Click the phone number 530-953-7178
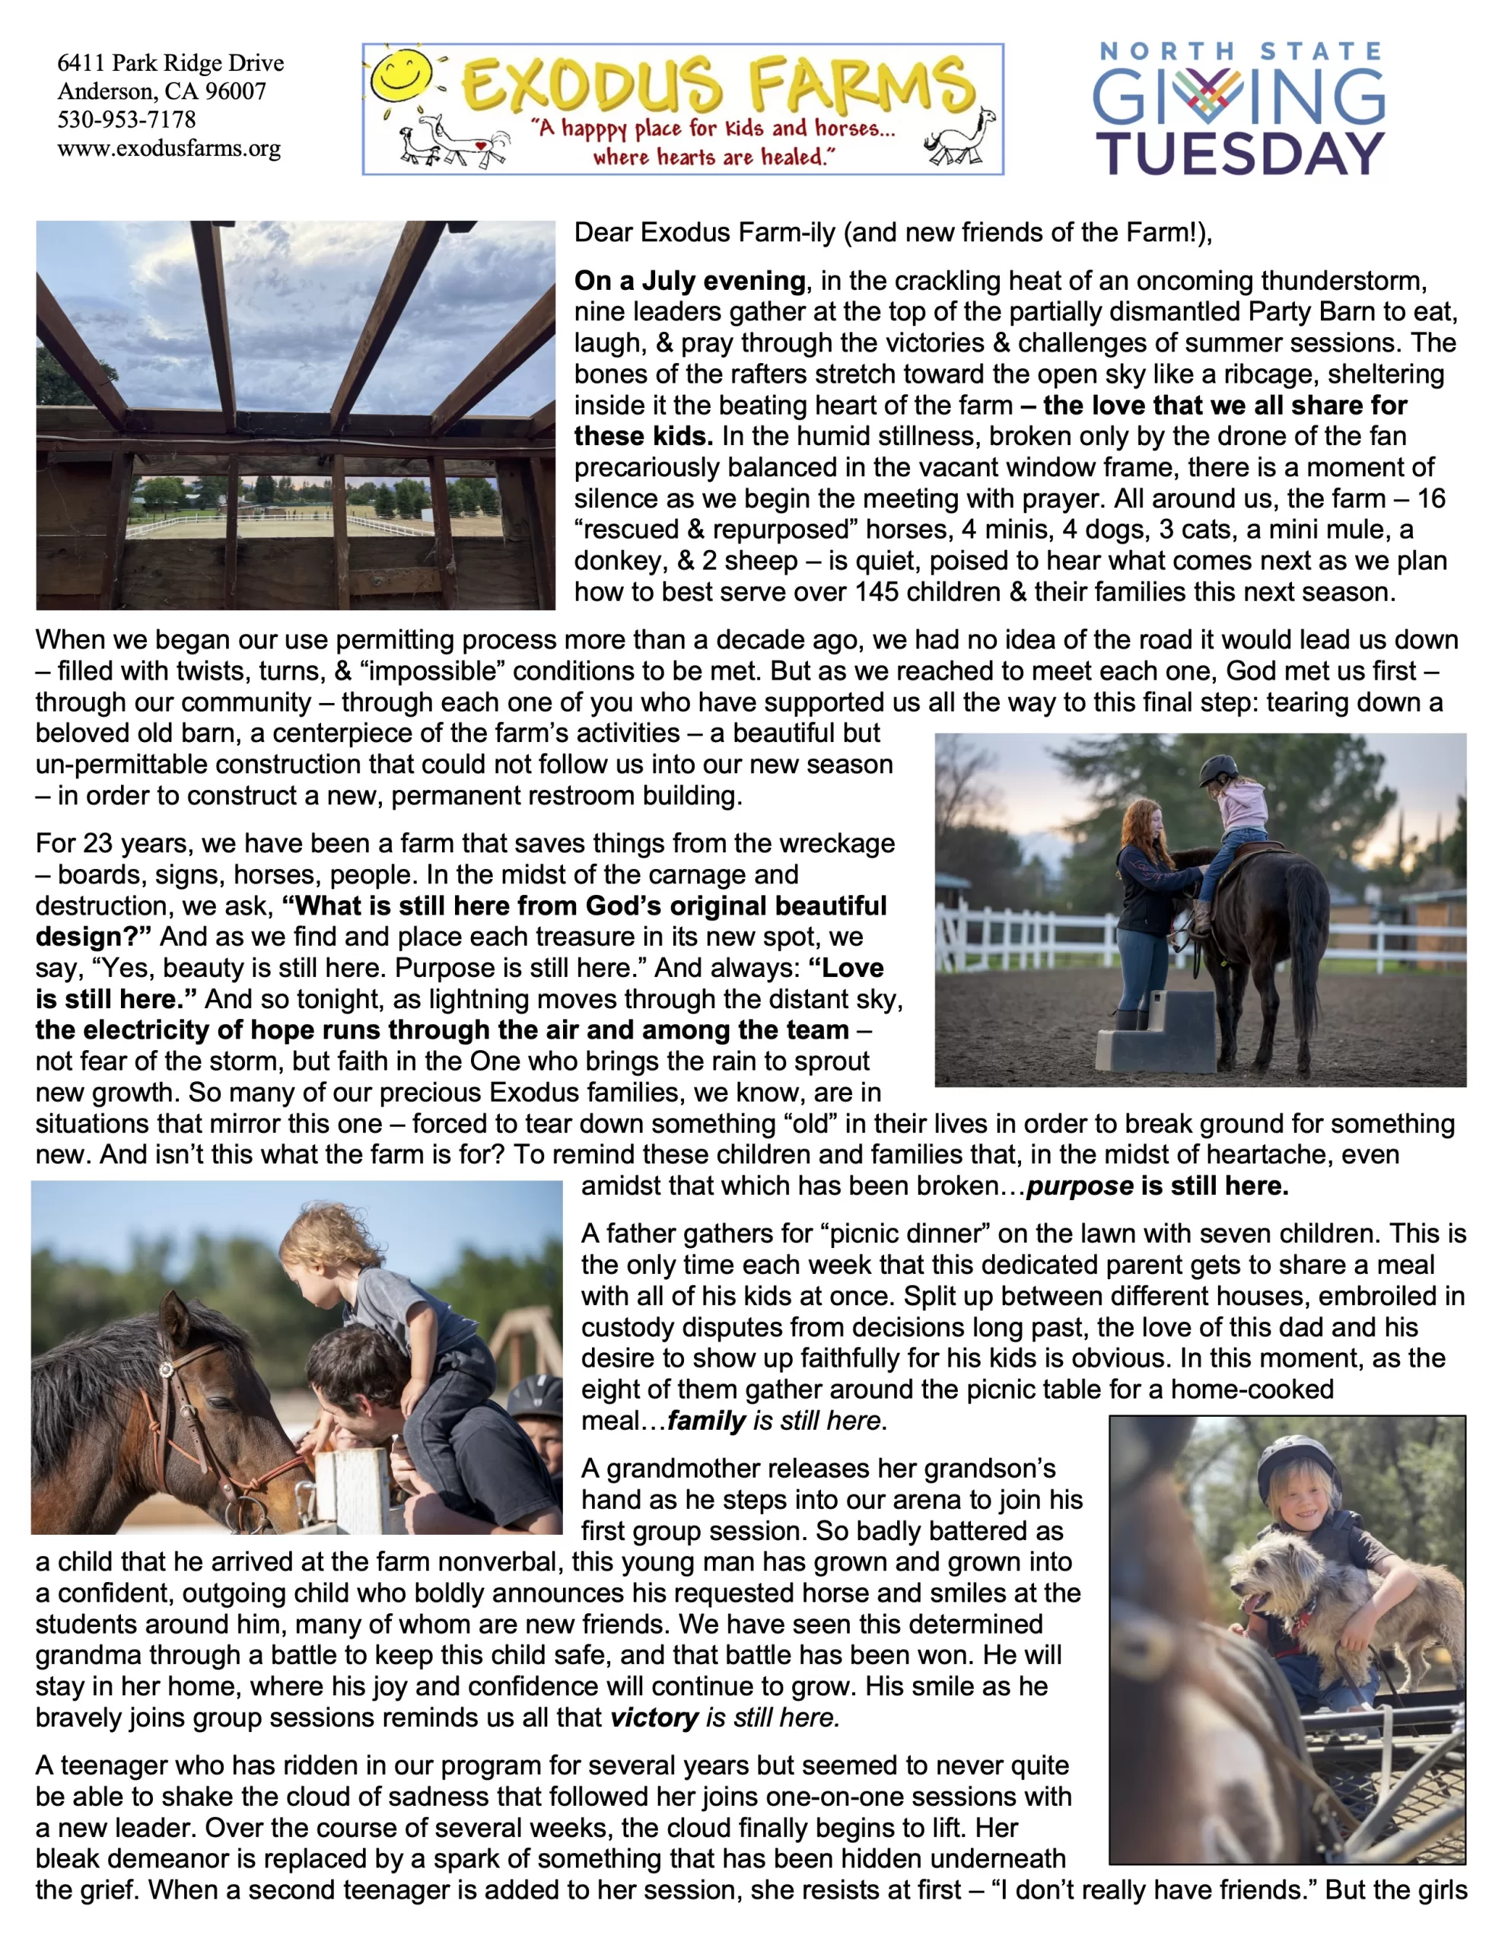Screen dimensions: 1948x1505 (x=126, y=119)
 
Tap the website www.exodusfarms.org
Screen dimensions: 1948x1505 (x=169, y=148)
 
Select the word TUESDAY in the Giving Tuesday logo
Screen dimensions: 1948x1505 (x=1240, y=154)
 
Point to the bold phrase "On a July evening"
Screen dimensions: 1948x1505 (x=689, y=281)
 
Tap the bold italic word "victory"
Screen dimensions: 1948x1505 (x=654, y=1718)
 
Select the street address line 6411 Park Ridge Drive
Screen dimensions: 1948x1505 (x=170, y=63)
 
